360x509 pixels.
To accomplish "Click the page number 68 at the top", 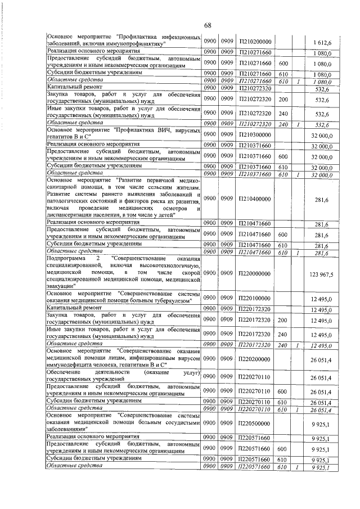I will click(x=207, y=25).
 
